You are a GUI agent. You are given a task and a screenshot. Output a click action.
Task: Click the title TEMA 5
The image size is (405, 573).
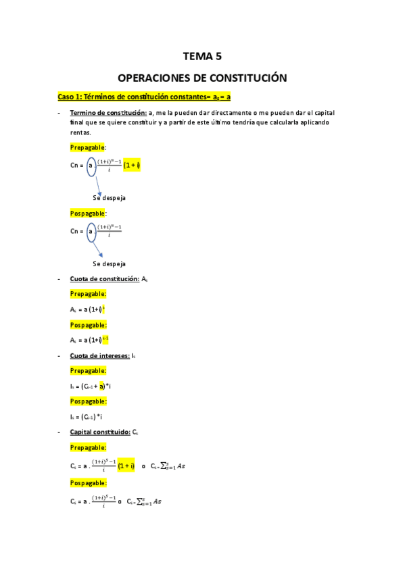202,57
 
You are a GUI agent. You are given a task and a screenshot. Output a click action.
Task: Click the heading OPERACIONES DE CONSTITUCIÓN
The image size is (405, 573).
202,78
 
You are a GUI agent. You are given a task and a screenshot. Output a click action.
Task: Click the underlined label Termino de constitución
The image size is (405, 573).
111,112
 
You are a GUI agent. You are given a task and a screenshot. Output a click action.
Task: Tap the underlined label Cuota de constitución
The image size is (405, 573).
104,278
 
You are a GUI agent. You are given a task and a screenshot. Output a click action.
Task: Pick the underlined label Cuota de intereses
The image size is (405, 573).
100,355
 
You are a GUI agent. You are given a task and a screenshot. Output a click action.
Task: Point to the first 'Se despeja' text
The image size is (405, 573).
109,198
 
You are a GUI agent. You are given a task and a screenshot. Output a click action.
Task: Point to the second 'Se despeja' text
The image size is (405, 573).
109,264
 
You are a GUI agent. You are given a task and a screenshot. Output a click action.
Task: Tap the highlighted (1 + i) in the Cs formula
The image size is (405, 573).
126,466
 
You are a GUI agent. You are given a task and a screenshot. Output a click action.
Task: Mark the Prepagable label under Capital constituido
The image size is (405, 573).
88,447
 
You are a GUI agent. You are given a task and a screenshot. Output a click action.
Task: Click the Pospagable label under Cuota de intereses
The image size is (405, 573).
88,401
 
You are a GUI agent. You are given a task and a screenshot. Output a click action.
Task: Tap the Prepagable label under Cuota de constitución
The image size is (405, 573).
88,294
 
